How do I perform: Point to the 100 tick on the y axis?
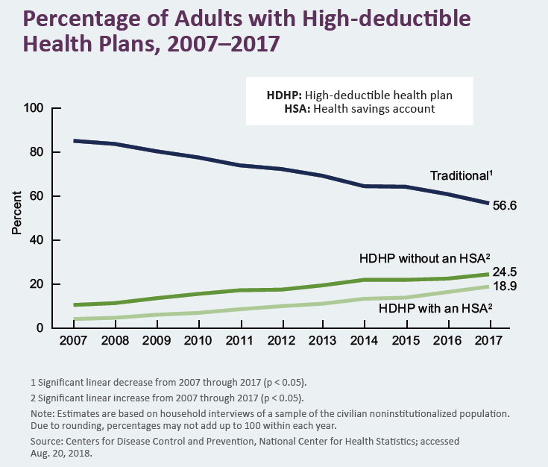(35, 108)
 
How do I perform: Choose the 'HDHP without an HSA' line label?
(422, 258)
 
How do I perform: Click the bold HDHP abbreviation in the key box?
(283, 95)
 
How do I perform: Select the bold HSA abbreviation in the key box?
(297, 108)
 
